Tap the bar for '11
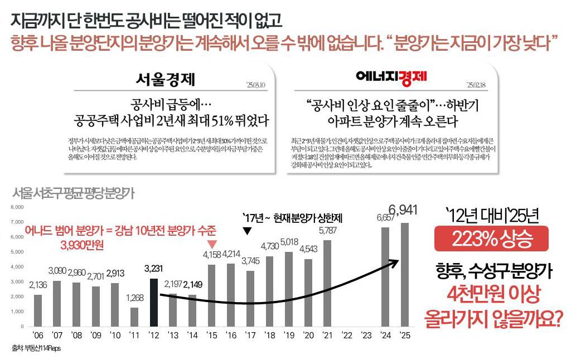point(134,317)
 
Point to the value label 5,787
point(328,230)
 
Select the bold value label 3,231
point(154,268)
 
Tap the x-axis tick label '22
point(347,335)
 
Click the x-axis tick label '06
point(38,335)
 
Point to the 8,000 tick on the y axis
point(18,207)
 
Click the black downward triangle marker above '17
point(248,230)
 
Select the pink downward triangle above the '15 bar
point(211,244)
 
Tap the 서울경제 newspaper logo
point(165,79)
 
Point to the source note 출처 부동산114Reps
point(36,348)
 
